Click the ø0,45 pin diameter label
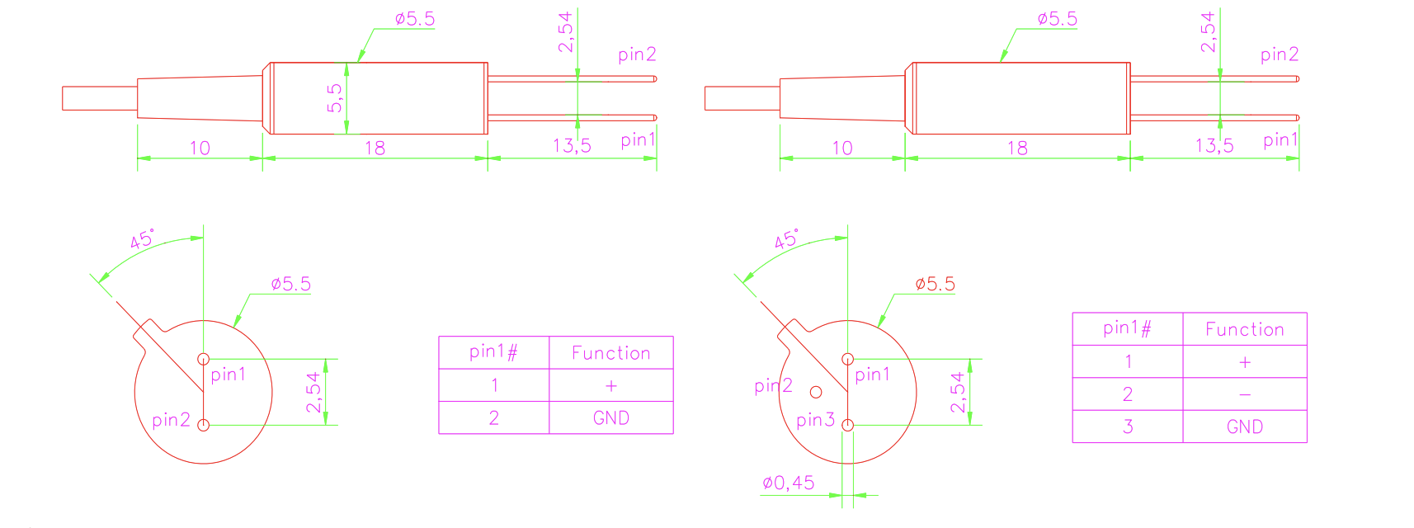click(788, 483)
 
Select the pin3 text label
click(815, 420)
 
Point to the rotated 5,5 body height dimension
click(335, 97)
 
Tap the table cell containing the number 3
click(1127, 427)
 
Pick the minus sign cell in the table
click(1244, 394)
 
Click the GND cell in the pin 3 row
click(1244, 427)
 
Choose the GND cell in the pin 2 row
click(610, 417)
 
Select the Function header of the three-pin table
click(1244, 329)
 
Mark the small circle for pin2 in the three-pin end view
click(816, 392)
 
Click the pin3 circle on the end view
click(847, 426)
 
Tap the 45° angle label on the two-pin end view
click(142, 240)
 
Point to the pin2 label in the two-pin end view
click(171, 420)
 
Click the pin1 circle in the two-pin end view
click(203, 359)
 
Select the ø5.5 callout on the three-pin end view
click(935, 285)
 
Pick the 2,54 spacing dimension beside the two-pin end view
click(313, 392)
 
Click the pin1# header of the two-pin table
click(493, 352)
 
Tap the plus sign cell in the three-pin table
click(1244, 361)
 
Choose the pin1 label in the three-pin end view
click(872, 375)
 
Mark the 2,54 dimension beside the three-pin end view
click(957, 392)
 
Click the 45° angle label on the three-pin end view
click(786, 240)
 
